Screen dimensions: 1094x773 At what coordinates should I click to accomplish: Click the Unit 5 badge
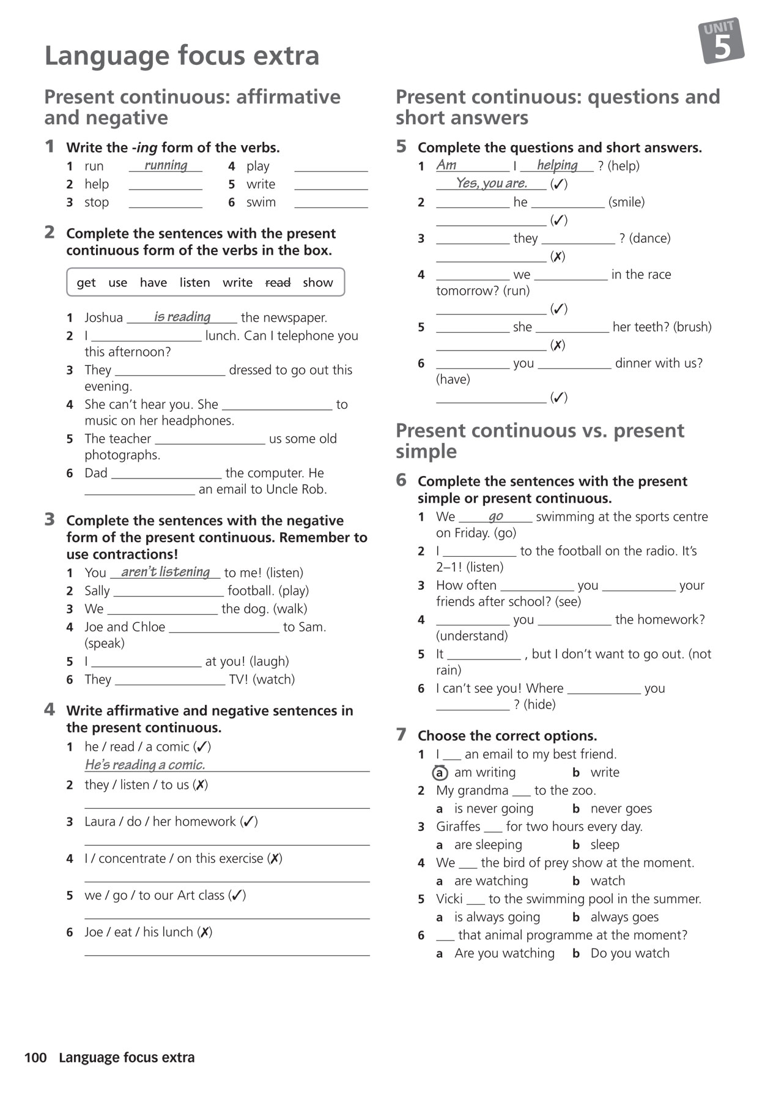coord(722,41)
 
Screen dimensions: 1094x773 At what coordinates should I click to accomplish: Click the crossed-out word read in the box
coord(278,283)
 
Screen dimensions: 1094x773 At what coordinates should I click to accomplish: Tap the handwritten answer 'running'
coord(166,165)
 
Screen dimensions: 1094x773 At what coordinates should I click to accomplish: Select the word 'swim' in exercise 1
coord(261,203)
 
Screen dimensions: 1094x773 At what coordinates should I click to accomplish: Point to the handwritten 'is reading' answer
coord(182,316)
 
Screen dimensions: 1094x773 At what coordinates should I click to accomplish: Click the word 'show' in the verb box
coord(318,283)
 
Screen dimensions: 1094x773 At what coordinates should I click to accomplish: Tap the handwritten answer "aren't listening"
coord(165,571)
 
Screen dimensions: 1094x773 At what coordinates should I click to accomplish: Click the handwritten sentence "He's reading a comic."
coord(145,764)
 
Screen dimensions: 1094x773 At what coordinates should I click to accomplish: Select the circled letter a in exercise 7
coord(440,773)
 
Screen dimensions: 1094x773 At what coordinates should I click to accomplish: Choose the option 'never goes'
coord(621,809)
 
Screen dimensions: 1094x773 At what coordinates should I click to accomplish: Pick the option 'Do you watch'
coord(629,953)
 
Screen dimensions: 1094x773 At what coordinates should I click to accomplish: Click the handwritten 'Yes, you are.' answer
coord(491,183)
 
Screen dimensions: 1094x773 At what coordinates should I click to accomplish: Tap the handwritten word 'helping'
coord(557,165)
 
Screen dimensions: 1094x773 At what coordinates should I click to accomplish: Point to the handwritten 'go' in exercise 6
coord(496,516)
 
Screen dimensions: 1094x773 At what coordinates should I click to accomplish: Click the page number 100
coord(35,1057)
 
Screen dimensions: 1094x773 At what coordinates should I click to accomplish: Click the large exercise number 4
coord(50,710)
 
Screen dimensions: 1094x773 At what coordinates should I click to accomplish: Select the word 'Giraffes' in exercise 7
coord(458,827)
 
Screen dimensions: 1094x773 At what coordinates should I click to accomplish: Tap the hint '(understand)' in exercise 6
coord(472,636)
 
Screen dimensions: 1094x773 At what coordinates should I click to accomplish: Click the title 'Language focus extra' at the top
coord(182,56)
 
